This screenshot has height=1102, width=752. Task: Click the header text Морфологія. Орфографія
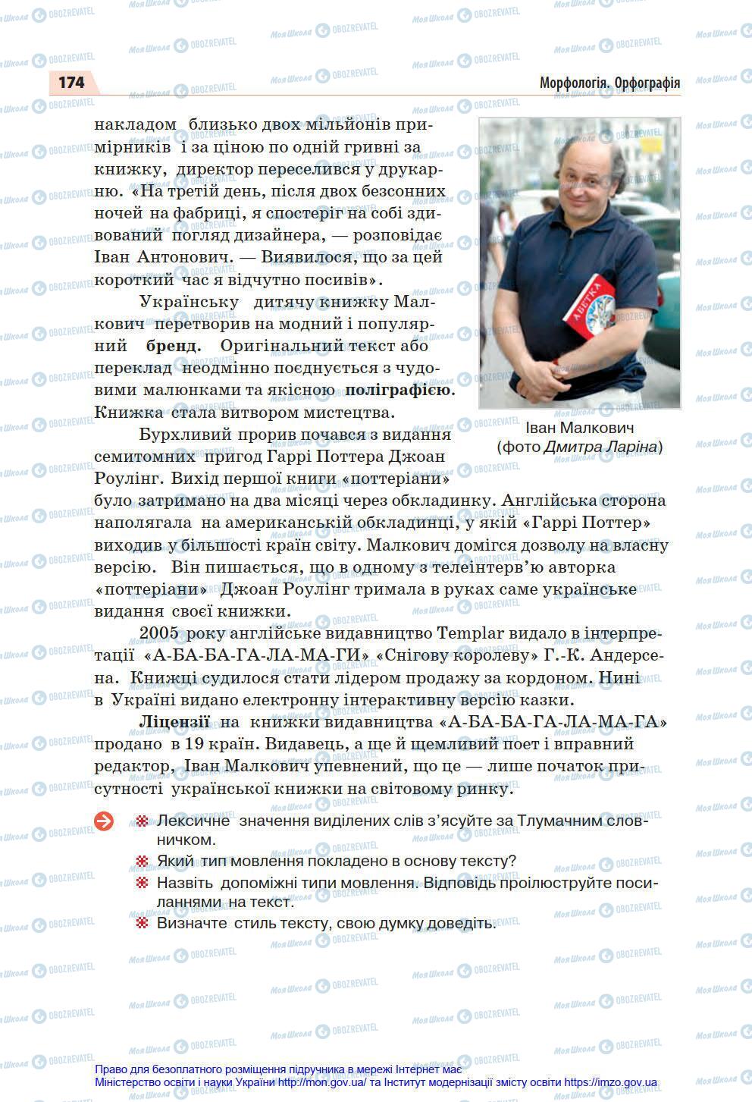609,83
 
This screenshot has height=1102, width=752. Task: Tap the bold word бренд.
174,346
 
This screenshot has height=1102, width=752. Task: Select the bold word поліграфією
399,391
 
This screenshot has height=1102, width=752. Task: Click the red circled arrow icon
104,821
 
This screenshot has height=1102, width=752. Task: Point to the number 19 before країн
193,744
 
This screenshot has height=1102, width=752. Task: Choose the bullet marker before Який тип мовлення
141,862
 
